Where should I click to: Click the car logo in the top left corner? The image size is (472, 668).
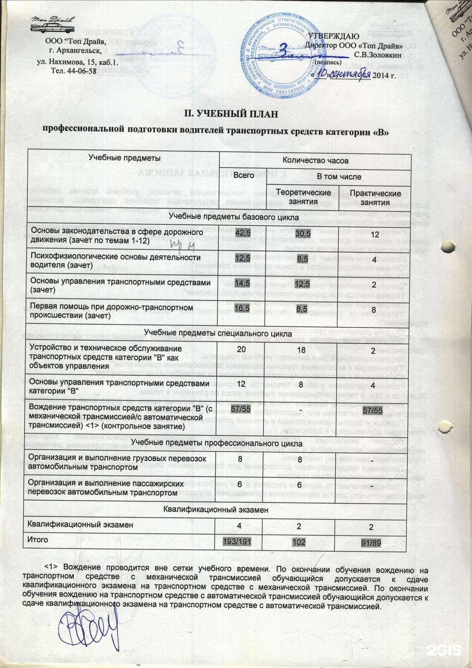[x=52, y=25]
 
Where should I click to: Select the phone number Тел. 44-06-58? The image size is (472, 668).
[x=74, y=71]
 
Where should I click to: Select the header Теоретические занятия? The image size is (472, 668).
[x=303, y=197]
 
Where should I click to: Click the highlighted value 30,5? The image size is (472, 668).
[x=303, y=233]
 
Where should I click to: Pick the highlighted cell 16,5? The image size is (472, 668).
[x=243, y=308]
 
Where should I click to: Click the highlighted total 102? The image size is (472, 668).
[x=299, y=542]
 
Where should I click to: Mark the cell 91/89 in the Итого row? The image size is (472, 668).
[x=371, y=543]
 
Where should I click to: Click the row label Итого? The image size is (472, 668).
[x=38, y=539]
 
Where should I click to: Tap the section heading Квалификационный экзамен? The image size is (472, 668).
[x=216, y=510]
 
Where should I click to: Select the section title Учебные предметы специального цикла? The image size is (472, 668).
[x=218, y=333]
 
